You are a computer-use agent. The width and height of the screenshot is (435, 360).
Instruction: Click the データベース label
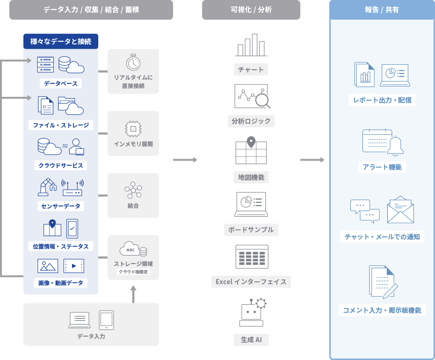pyautogui.click(x=61, y=84)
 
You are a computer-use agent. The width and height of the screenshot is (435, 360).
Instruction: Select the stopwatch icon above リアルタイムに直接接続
pyautogui.click(x=133, y=62)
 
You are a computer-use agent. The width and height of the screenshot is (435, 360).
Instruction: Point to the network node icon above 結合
pyautogui.click(x=133, y=189)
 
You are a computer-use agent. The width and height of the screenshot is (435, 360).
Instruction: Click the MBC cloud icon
pyautogui.click(x=133, y=249)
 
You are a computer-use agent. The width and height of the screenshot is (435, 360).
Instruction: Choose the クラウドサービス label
pyautogui.click(x=61, y=165)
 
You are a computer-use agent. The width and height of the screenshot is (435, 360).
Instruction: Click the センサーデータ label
pyautogui.click(x=61, y=206)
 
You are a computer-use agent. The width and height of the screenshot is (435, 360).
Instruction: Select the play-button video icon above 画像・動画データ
pyautogui.click(x=73, y=266)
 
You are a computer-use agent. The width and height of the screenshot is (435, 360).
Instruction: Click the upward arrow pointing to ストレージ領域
pyautogui.click(x=133, y=294)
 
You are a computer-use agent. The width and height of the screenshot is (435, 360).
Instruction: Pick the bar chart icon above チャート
pyautogui.click(x=251, y=45)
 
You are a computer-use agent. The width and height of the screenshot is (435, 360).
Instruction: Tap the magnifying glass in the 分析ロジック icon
pyautogui.click(x=262, y=99)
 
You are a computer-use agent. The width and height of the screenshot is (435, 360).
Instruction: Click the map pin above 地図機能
pyautogui.click(x=251, y=141)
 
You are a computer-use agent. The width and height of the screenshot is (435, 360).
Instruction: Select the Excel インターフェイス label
pyautogui.click(x=251, y=282)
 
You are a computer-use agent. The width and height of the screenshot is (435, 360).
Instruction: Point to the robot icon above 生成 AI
pyautogui.click(x=252, y=312)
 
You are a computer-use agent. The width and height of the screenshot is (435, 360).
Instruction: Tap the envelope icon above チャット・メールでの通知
pyautogui.click(x=400, y=210)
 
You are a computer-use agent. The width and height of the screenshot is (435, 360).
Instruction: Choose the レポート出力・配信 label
pyautogui.click(x=382, y=100)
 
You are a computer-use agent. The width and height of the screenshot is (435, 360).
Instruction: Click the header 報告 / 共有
pyautogui.click(x=382, y=10)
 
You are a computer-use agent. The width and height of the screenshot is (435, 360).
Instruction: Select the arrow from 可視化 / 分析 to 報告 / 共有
pyautogui.click(x=312, y=160)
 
